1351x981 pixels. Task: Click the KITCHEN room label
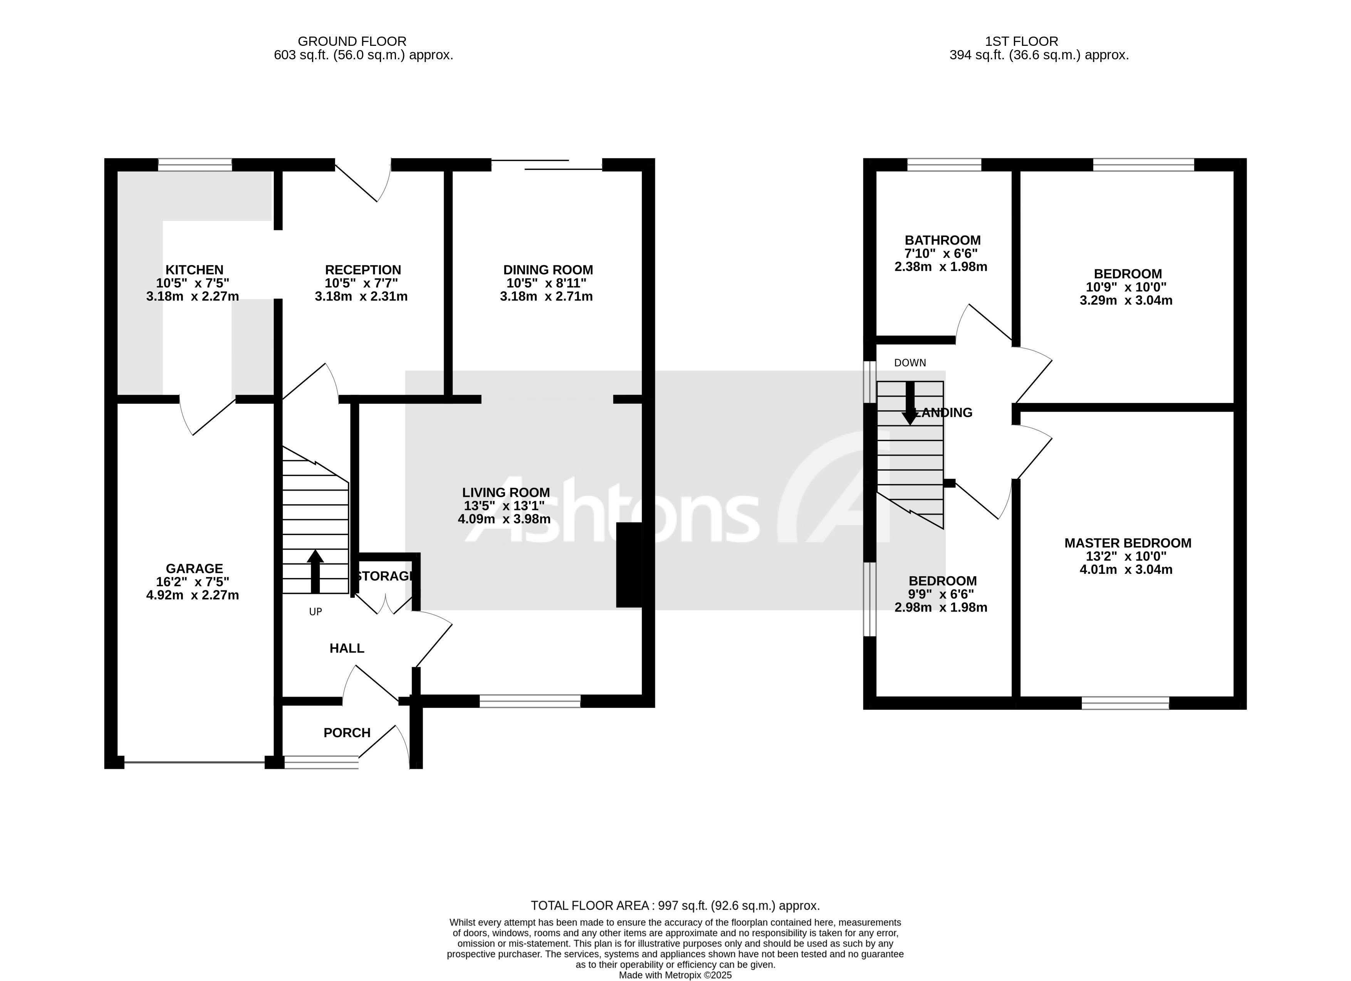point(194,270)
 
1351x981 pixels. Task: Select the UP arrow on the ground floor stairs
point(315,570)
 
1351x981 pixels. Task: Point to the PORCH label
point(347,733)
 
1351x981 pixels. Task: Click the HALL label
point(347,648)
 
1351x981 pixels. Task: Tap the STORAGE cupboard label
point(385,576)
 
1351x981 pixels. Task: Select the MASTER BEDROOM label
point(1128,543)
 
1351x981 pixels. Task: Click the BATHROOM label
point(942,240)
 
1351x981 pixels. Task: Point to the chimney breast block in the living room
point(629,565)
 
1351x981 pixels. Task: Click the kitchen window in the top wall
point(195,164)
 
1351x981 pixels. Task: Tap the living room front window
point(530,701)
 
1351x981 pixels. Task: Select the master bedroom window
point(1125,703)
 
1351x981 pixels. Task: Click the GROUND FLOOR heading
point(352,41)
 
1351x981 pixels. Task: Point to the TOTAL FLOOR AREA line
point(675,906)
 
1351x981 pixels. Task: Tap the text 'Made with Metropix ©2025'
point(675,975)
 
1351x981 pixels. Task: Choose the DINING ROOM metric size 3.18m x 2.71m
point(546,297)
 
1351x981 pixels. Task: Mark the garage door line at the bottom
point(194,762)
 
